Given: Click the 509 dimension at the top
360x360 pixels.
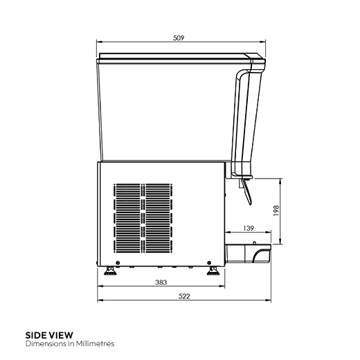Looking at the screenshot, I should coord(179,39).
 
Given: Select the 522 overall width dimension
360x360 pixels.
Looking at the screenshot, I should coord(184,296).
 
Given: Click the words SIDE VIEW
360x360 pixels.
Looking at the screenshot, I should coord(48,335).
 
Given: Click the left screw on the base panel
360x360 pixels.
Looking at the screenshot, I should coord(118,262).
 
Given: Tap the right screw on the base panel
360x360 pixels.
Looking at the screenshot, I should coord(206,262).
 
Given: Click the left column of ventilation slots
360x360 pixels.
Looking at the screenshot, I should coord(127,216).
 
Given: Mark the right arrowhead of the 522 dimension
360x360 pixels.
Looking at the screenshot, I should coord(269,301).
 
